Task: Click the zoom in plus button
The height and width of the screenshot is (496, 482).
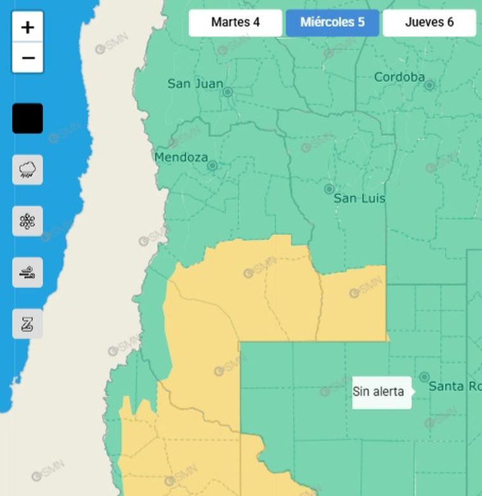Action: (27, 27)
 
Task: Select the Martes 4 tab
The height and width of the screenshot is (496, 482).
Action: (235, 23)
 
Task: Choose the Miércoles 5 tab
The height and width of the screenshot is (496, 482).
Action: (332, 23)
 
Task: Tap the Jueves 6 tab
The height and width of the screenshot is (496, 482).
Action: (429, 23)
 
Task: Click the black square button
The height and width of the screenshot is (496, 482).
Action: (27, 118)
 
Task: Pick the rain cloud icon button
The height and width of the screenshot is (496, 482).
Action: (27, 170)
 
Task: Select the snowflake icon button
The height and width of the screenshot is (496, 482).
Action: (27, 221)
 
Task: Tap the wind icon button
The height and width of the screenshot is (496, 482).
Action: (27, 273)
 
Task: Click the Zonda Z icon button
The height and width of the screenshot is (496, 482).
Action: (27, 324)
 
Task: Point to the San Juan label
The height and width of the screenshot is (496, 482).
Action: (195, 84)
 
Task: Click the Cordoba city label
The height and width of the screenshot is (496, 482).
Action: (399, 77)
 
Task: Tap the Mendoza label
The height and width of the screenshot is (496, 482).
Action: (181, 157)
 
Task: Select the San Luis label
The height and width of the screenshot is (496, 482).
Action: (359, 198)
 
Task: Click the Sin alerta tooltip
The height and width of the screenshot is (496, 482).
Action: (379, 392)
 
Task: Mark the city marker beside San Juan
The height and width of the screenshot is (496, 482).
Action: (228, 92)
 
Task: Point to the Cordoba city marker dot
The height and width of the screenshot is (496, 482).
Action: (430, 85)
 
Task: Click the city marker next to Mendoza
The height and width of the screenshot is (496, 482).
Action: (212, 166)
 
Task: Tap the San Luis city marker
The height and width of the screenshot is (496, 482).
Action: (329, 189)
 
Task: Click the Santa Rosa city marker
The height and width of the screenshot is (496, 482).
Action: (424, 378)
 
